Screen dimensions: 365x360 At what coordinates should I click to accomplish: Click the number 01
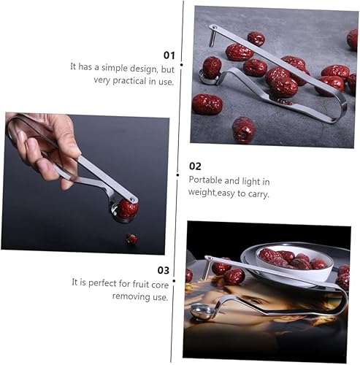point(169,55)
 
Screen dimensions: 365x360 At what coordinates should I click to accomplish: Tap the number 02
point(195,166)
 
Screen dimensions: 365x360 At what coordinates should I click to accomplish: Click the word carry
point(258,193)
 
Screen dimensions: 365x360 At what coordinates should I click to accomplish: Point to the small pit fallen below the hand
point(131,239)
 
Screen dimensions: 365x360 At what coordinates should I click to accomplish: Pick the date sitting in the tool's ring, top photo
point(212,68)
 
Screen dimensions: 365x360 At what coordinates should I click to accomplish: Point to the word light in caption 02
point(253,180)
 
